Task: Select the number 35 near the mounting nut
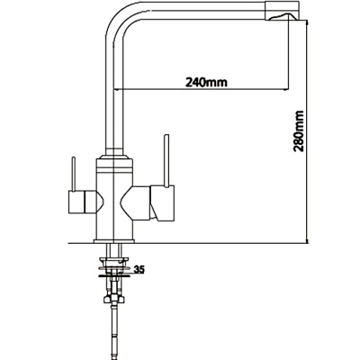[x=139, y=267]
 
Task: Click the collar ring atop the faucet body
[x=112, y=162]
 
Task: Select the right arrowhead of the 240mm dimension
[x=289, y=90]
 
